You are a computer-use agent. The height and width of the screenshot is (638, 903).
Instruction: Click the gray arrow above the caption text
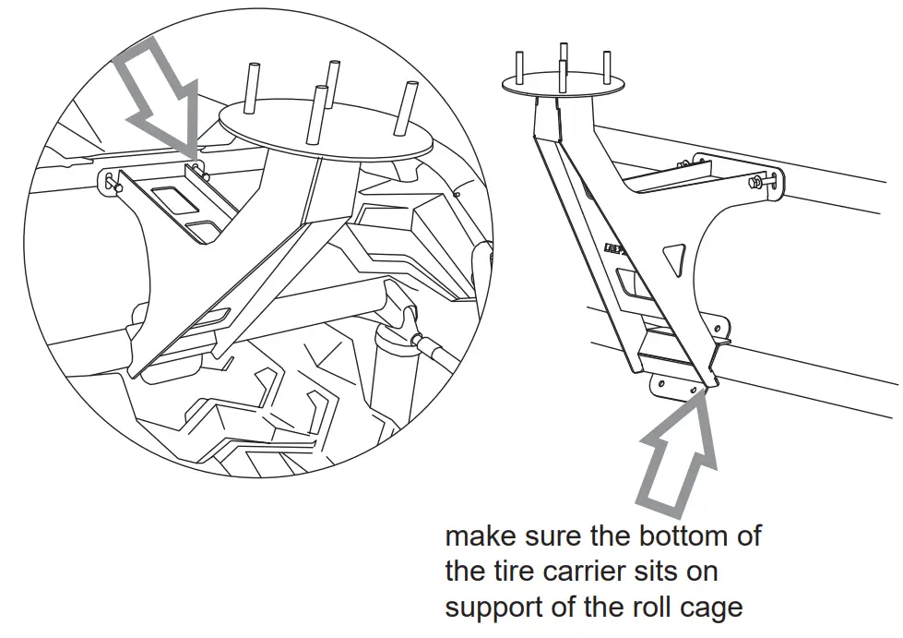(x=679, y=457)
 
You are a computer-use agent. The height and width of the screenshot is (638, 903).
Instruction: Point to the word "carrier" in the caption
(x=604, y=572)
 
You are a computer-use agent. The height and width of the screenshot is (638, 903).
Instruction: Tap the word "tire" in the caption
(x=522, y=572)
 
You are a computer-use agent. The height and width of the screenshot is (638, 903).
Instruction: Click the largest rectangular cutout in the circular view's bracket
(x=171, y=197)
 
